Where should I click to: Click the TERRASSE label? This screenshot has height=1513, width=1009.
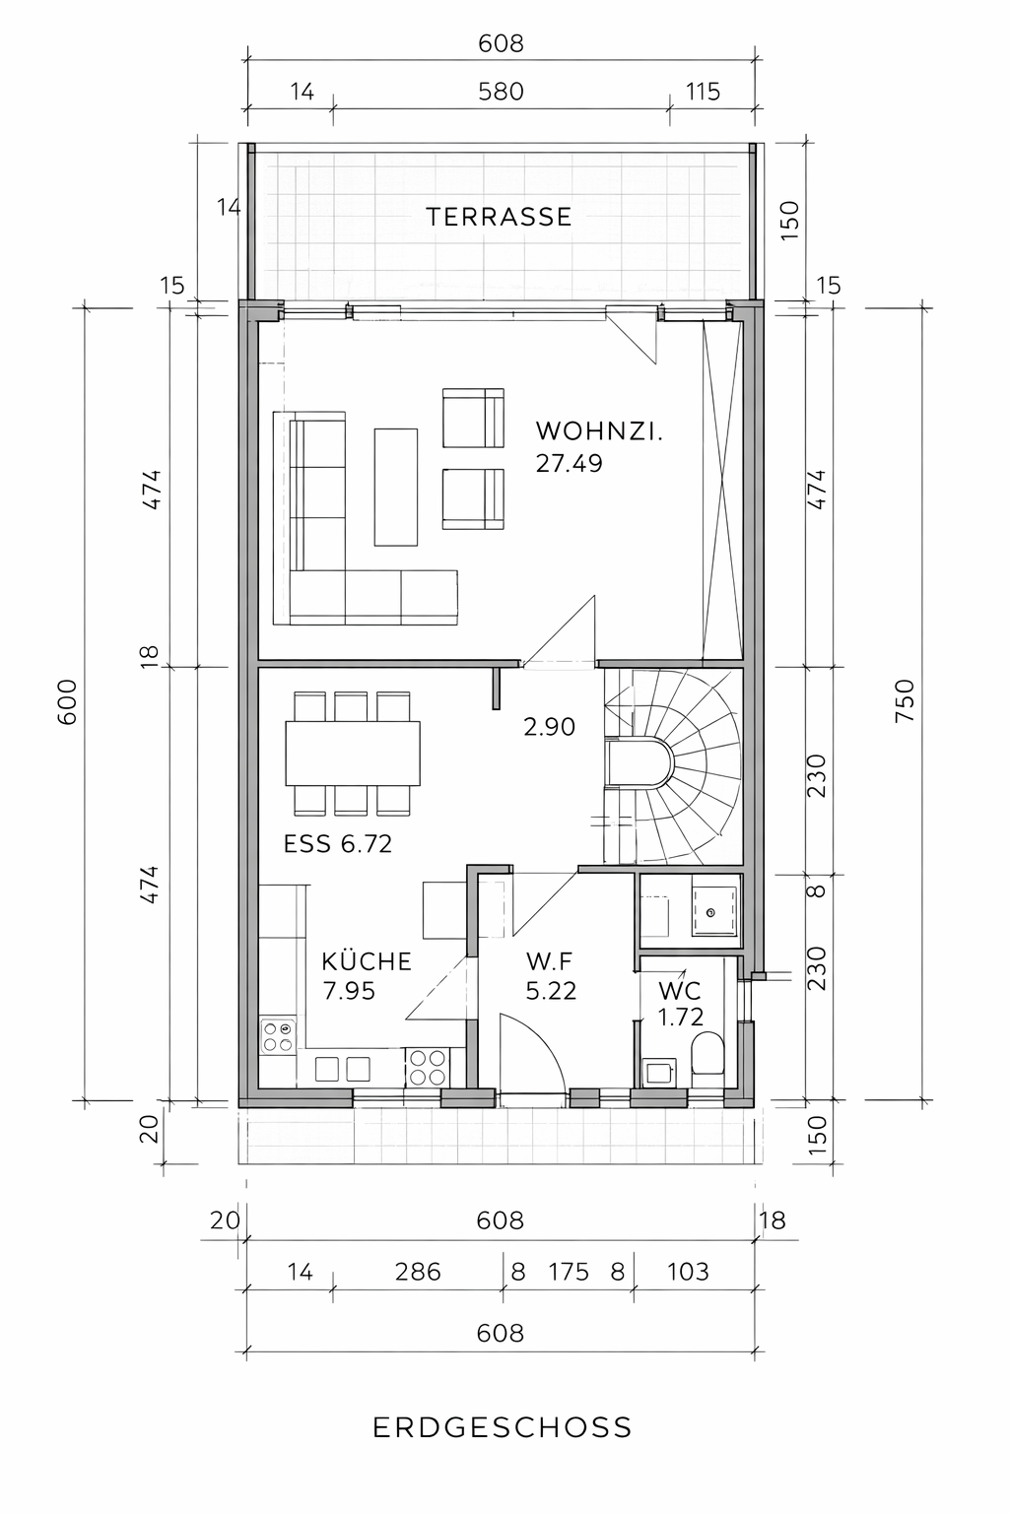coord(499,217)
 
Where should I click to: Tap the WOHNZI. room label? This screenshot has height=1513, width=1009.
coord(599,430)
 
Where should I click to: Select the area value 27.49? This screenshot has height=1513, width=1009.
coord(570,463)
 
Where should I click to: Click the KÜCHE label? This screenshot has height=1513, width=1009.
coord(367,960)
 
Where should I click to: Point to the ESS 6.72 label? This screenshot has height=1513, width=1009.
coord(338,843)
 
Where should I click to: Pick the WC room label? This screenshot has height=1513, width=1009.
coord(680,991)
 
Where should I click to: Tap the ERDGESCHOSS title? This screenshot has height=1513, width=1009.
coord(503,1427)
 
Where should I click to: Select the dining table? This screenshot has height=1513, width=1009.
coord(353,754)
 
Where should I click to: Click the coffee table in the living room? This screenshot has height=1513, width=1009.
coord(396,487)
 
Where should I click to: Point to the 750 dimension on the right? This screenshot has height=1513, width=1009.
coord(905,701)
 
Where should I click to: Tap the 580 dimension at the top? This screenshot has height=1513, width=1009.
coord(501,92)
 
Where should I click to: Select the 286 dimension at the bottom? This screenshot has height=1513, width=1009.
coord(418,1272)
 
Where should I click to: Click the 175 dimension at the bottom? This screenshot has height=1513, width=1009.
coord(570,1272)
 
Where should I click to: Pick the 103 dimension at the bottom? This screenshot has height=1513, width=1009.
coord(688,1272)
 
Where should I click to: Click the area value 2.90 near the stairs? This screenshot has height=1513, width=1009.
coord(550,727)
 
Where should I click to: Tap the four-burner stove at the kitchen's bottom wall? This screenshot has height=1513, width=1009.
coord(427,1067)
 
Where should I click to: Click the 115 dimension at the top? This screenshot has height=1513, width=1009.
coord(703,92)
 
